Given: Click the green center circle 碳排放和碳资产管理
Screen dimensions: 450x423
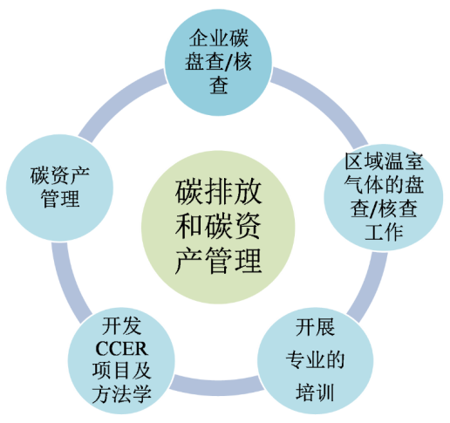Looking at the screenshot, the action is point(218,227).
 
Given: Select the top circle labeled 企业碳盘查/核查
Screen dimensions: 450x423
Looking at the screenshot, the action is point(218,62).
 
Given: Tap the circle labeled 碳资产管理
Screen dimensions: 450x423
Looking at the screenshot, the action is point(59,188).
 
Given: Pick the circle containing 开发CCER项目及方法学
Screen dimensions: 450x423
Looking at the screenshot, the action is point(121,361).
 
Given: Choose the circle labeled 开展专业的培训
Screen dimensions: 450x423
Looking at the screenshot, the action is point(315,361).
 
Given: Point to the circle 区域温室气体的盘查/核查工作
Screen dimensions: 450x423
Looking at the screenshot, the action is point(384,197).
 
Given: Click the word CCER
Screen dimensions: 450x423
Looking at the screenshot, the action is point(121,349).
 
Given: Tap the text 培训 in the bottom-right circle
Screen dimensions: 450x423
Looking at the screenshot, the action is point(315,392).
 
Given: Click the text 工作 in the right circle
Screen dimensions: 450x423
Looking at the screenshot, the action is point(384,232).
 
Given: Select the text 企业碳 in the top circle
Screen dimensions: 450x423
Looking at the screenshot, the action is point(219,38).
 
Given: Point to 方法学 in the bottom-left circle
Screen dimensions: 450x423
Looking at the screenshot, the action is point(121,394).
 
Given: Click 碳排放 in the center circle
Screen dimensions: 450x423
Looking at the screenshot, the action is point(218,193).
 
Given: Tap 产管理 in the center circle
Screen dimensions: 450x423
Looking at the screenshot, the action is point(218,261).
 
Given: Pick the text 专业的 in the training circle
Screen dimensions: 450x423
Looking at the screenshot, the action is point(315,360).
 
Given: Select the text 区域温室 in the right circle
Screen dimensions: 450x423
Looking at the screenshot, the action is point(384,161).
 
